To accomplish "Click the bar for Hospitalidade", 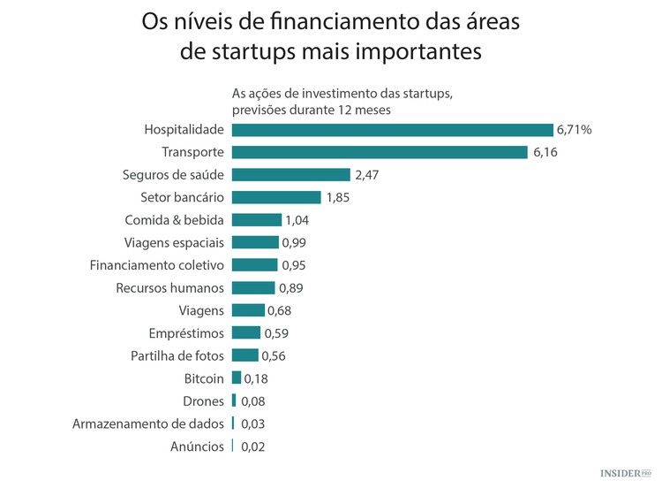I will click(x=392, y=129).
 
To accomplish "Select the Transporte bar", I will click(x=380, y=152).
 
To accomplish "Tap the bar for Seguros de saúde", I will click(x=290, y=175).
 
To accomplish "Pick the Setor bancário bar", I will click(x=276, y=197).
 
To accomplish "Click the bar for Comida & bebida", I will click(x=257, y=220).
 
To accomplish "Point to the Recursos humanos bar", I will click(x=253, y=287).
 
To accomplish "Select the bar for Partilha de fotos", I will click(x=244, y=355).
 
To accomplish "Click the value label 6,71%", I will click(x=574, y=129).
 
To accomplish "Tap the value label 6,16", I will click(x=545, y=152).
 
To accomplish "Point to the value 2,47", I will click(x=366, y=175).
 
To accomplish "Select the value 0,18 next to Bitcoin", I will click(x=255, y=378).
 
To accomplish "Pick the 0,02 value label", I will click(x=252, y=446).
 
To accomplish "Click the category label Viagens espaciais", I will click(x=175, y=242).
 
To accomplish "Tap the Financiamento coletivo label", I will click(x=157, y=265).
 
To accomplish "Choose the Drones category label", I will click(x=204, y=401).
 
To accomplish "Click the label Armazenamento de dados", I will click(x=148, y=423).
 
